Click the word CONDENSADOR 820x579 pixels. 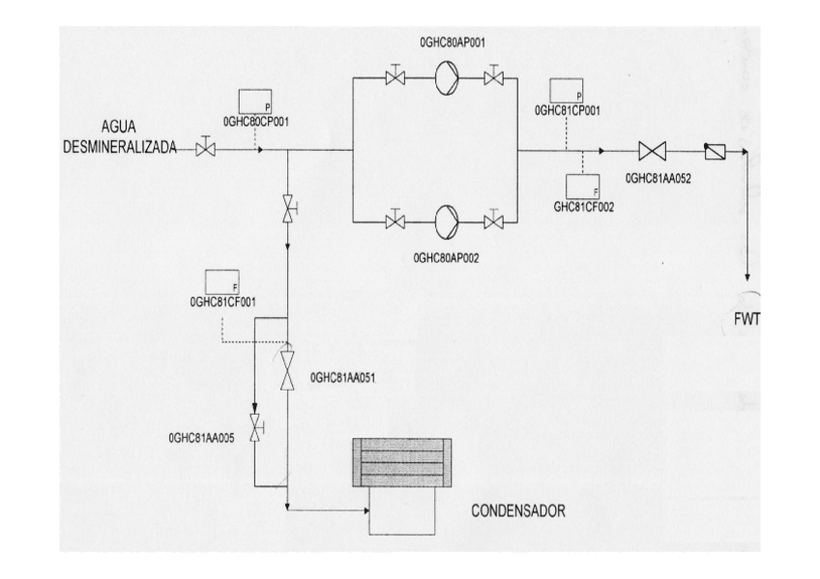pos(517,509)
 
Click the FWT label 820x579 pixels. pos(747,321)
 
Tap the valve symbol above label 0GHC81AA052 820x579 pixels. pos(654,151)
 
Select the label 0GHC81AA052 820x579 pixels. pos(662,178)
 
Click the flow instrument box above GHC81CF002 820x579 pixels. pos(583,185)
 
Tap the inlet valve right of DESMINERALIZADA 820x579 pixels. pos(205,149)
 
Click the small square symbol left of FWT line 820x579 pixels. pos(713,151)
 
